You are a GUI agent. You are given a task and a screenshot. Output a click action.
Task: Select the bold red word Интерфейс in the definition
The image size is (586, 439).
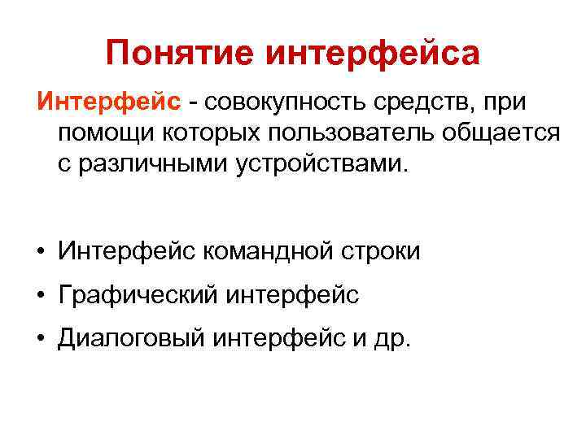pyautogui.click(x=108, y=103)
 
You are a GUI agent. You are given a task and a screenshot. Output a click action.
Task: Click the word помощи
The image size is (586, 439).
pyautogui.click(x=107, y=133)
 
